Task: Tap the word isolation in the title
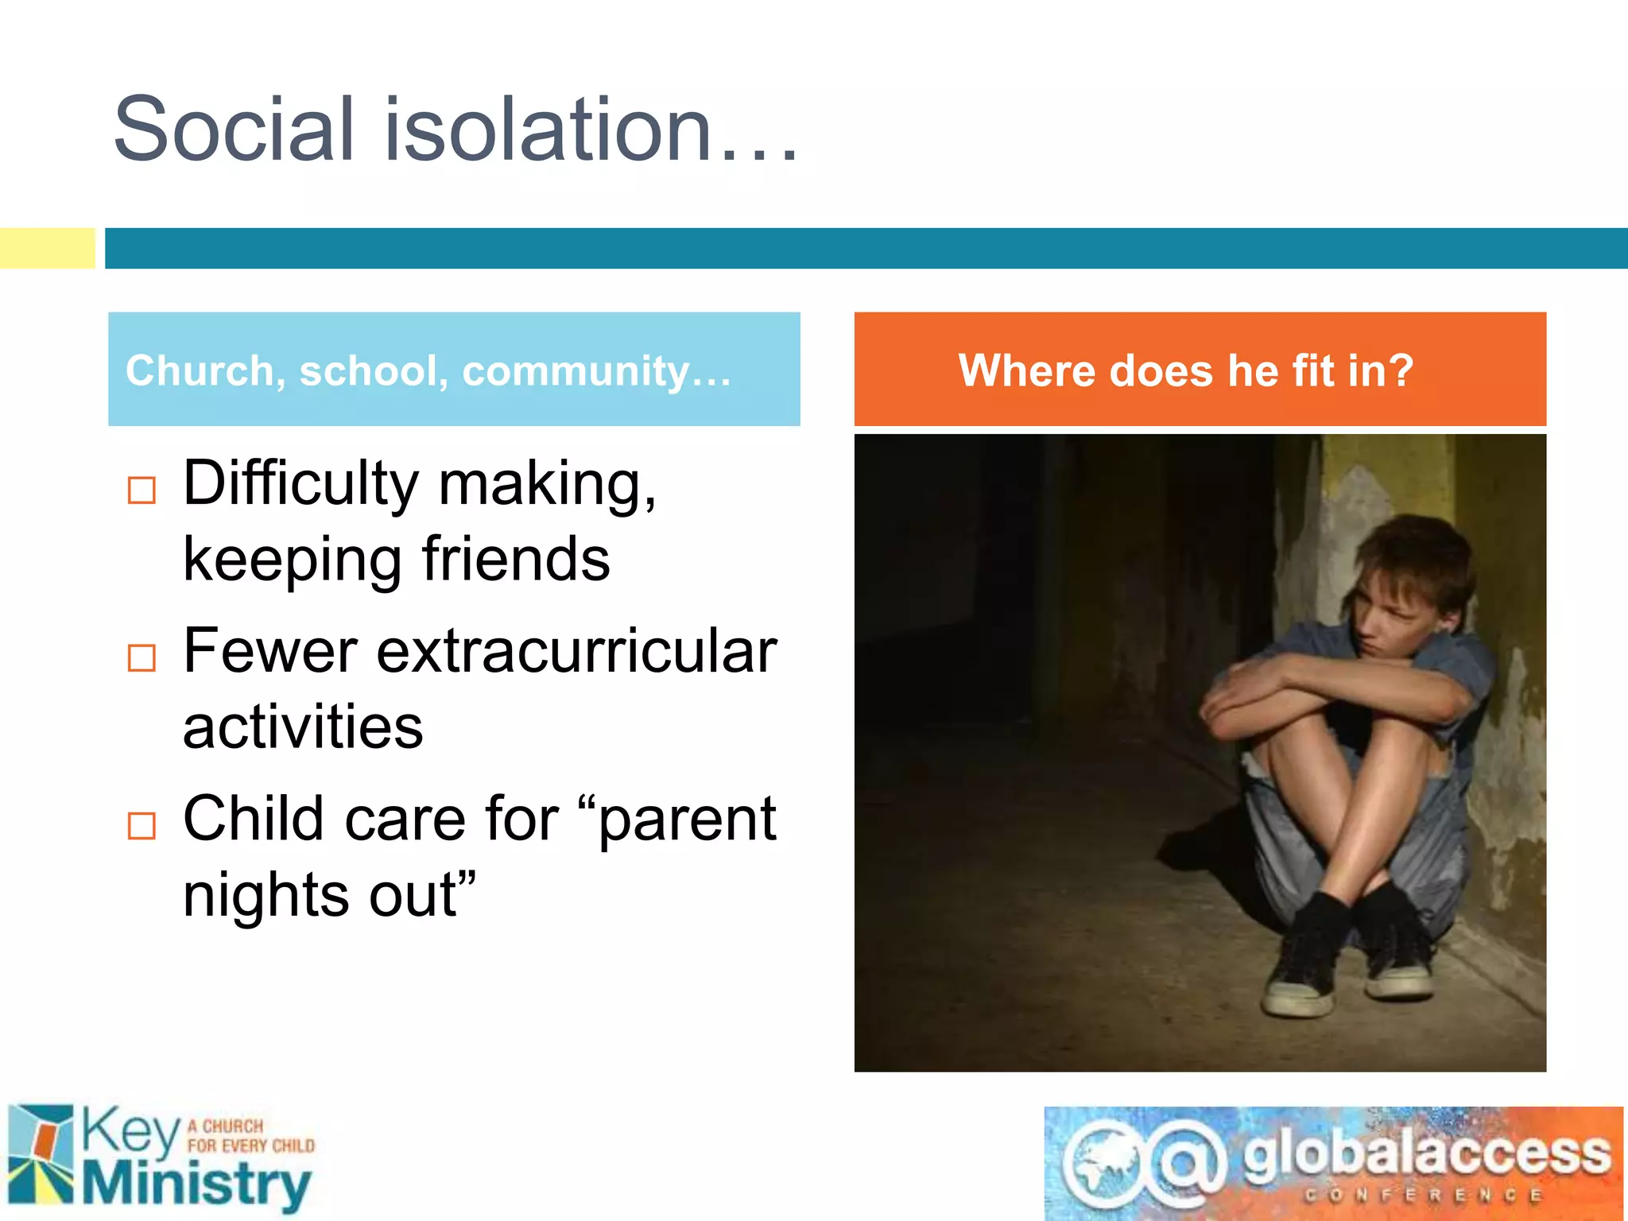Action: tap(548, 129)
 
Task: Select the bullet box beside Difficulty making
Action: tap(141, 490)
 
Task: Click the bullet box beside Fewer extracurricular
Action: tap(141, 657)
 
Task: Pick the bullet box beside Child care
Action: tap(141, 826)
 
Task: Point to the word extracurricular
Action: tap(576, 651)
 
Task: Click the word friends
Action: tap(516, 559)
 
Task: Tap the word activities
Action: tap(303, 727)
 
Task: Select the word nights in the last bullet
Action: tap(266, 894)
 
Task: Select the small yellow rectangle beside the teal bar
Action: tap(47, 248)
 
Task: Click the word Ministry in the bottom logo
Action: tap(196, 1184)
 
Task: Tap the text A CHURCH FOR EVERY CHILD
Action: tap(250, 1136)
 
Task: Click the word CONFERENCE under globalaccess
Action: tap(1423, 1196)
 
